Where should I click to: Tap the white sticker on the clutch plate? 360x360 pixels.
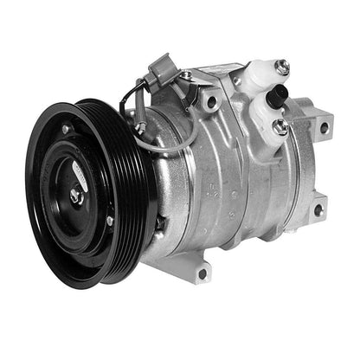(x=79, y=173)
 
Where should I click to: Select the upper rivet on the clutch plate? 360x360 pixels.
(x=67, y=130)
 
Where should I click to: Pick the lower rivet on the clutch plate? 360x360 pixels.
(x=110, y=222)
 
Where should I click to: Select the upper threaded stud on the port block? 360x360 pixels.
(x=281, y=66)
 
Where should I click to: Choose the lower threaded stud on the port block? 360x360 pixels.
(x=280, y=126)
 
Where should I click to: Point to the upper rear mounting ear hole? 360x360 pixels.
(x=323, y=127)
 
